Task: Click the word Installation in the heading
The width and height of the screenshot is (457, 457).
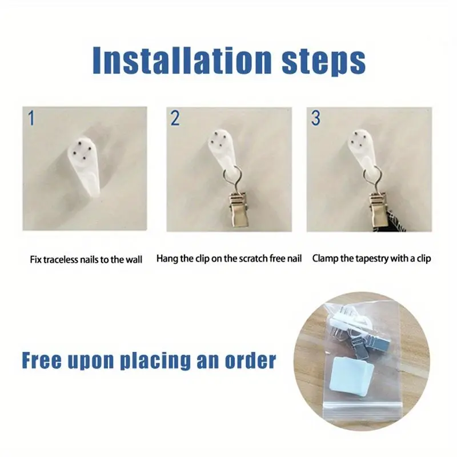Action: [x=182, y=61]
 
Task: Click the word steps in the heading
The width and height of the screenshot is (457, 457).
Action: [x=323, y=62]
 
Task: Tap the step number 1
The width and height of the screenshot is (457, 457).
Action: [x=31, y=118]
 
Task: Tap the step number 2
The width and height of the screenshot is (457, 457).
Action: [x=175, y=118]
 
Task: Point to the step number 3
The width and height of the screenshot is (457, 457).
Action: [x=315, y=118]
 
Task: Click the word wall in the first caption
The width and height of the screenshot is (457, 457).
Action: [x=134, y=259]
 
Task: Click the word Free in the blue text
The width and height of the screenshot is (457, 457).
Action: [x=42, y=360]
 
